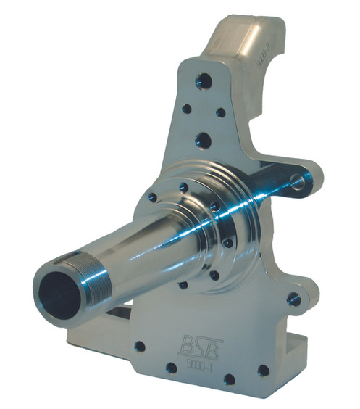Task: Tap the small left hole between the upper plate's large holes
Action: point(186,109)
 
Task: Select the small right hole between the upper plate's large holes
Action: point(221,112)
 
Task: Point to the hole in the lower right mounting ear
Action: point(293,298)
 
